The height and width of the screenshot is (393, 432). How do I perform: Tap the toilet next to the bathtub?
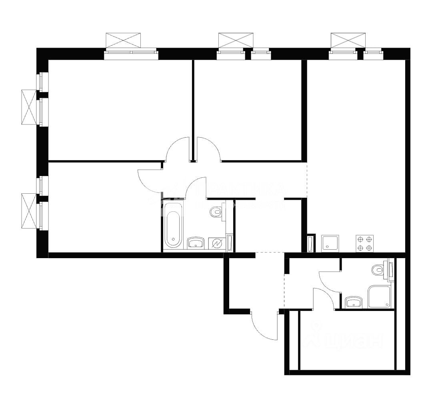click(216, 212)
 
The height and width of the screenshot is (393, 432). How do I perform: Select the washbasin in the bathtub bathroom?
click(196, 243)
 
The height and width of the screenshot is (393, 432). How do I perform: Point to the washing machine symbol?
click(216, 243)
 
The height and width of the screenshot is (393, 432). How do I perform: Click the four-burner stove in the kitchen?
click(364, 243)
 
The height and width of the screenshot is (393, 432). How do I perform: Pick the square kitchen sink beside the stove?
click(330, 243)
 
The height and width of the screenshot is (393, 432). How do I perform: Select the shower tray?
click(379, 297)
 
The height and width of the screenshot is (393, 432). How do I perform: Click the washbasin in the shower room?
click(353, 302)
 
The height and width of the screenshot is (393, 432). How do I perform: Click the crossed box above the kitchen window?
click(348, 40)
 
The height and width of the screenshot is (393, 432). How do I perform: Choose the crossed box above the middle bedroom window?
click(236, 40)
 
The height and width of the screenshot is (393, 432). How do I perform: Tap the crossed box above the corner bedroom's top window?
click(123, 40)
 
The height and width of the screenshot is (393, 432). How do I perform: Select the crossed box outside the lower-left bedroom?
click(28, 211)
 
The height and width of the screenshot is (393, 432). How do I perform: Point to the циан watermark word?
click(352, 340)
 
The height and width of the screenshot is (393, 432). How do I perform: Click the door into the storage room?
click(323, 299)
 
